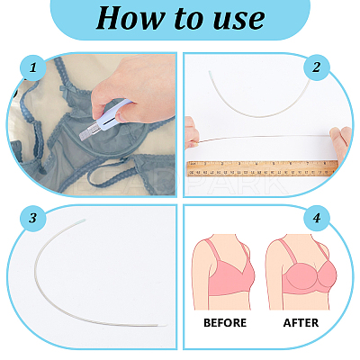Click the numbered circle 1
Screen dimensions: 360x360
(33, 67)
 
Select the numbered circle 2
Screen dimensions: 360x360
(317, 67)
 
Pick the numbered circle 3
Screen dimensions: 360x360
(33, 218)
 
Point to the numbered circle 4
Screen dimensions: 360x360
(317, 218)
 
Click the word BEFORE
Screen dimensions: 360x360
(225, 323)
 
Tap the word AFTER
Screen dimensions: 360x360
(301, 323)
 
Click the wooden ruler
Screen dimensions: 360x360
(263, 169)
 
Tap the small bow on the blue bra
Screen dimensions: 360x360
(64, 89)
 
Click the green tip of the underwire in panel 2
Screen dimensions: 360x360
(211, 74)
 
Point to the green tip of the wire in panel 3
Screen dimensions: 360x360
(81, 220)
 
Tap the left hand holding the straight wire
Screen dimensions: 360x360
(192, 133)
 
